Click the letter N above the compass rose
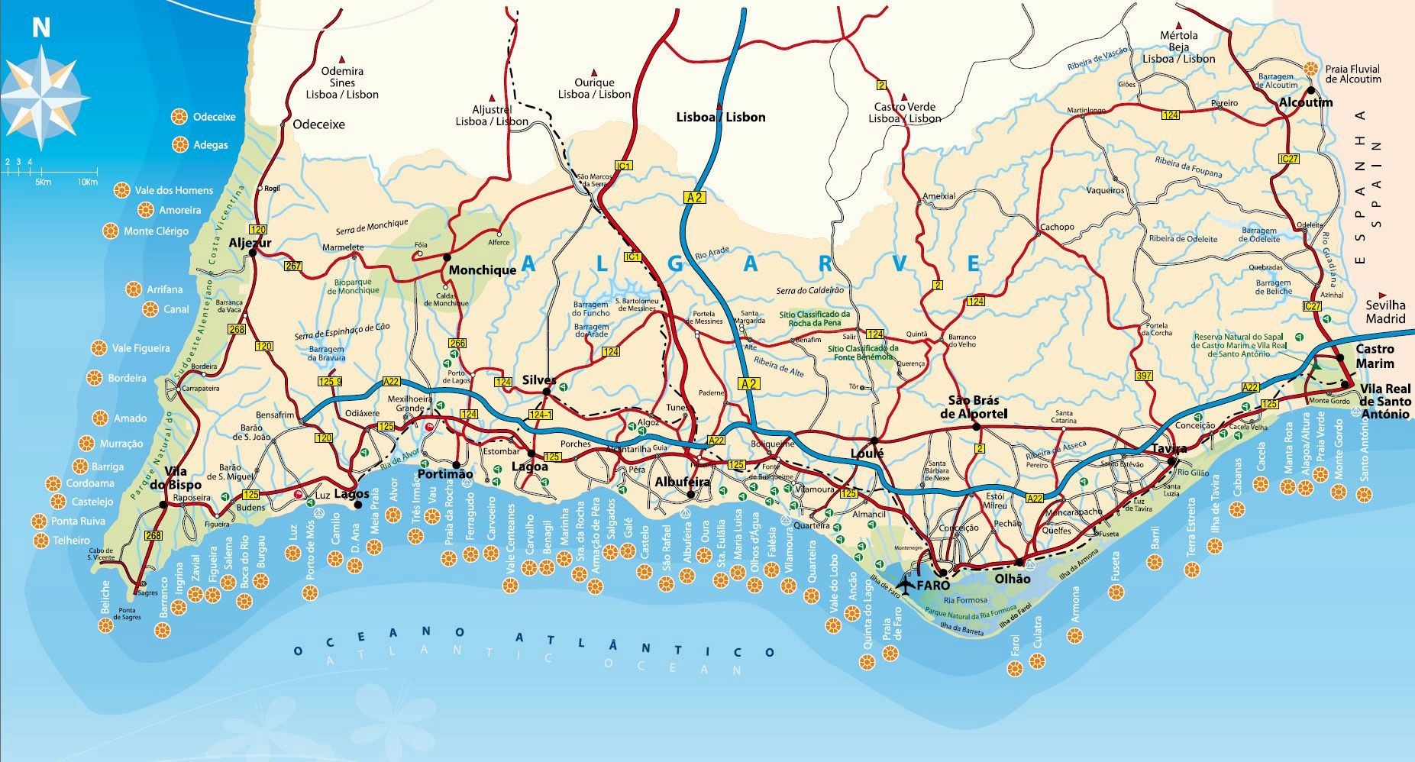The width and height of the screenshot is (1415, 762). tap(40, 27)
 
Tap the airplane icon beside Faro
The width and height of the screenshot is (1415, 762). tap(905, 586)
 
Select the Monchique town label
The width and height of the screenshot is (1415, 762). tap(482, 270)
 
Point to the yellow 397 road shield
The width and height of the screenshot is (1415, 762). tap(1143, 376)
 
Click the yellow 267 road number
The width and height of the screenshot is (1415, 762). tap(292, 266)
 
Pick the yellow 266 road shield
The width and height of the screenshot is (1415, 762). tap(457, 344)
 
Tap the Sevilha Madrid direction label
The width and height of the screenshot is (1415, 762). tap(1385, 312)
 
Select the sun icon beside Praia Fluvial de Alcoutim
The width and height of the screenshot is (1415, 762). tap(1310, 68)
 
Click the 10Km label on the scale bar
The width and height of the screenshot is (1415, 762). tap(87, 182)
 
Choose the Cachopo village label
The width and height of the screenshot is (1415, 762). tap(1057, 227)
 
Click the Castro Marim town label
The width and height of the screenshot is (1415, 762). tap(1375, 357)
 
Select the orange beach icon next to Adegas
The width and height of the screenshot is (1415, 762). tap(181, 144)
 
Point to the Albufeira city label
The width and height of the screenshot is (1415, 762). tap(682, 482)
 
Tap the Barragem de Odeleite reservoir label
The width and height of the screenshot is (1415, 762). tap(1258, 234)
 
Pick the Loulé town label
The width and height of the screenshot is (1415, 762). tap(867, 454)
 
